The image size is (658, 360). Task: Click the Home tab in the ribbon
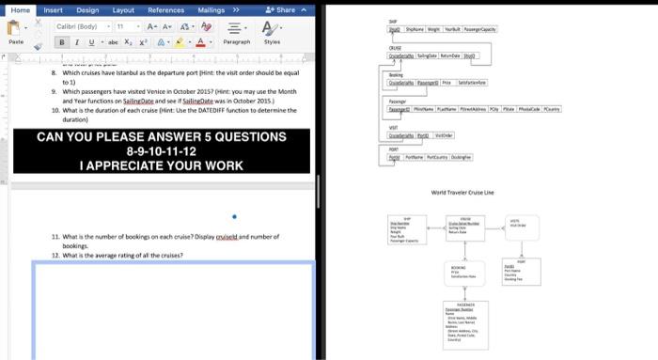click(19, 9)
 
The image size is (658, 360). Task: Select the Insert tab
click(54, 9)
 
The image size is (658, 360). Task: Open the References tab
click(165, 9)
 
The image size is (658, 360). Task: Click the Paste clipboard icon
click(16, 31)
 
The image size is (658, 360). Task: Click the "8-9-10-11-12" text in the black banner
click(161, 150)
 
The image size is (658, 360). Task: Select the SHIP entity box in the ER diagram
click(407, 228)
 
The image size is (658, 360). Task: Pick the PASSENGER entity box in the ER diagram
click(464, 325)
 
